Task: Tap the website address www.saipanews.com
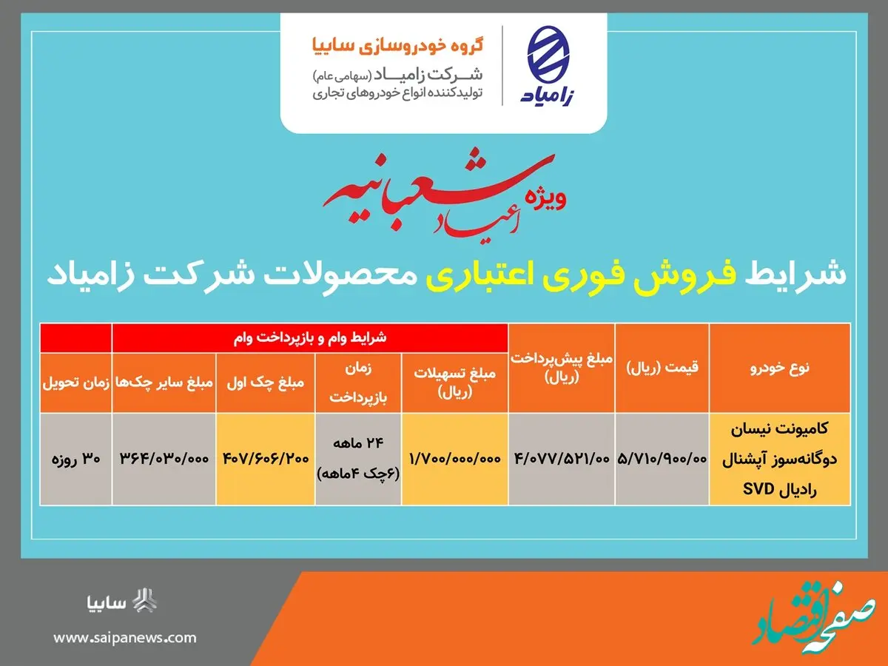point(125,637)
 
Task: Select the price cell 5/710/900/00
point(661,459)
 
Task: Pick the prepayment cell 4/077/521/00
point(562,459)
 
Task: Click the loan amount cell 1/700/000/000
point(454,459)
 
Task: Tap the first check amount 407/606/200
point(265,459)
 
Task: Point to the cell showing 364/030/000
point(164,459)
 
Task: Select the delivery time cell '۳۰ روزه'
point(75,459)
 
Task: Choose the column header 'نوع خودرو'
point(779,368)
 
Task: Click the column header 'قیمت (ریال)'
point(662,368)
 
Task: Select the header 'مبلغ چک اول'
point(265,383)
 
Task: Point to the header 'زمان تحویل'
point(75,383)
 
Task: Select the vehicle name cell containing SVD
point(779,459)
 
